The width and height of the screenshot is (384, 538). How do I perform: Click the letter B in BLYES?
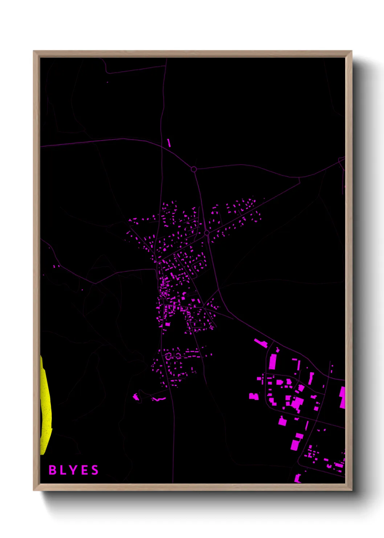[x=53, y=470]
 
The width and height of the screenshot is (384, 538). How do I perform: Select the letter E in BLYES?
[x=84, y=470]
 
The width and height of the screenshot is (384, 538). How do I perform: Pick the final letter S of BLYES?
[x=95, y=470]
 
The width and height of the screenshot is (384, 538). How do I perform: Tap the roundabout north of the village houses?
[x=194, y=169]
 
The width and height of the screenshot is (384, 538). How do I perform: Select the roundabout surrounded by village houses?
[x=207, y=233]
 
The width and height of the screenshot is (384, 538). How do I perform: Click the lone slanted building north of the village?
[x=169, y=142]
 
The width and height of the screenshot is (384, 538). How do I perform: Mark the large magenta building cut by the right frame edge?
[x=342, y=397]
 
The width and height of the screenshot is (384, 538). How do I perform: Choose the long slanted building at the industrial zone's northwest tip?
[x=261, y=342]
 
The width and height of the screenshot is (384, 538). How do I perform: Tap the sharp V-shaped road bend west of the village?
[x=95, y=283]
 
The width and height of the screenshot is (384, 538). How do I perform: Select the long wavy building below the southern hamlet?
[x=158, y=399]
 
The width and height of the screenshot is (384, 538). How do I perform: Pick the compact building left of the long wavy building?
[x=136, y=397]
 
